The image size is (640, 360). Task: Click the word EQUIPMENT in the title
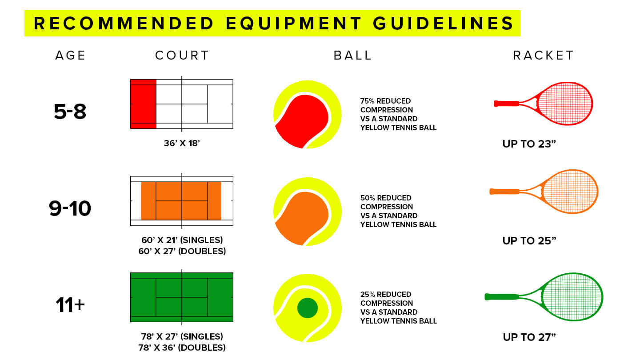click(293, 23)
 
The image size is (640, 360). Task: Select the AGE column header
click(70, 56)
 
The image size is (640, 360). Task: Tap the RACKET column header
click(544, 56)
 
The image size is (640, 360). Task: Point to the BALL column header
click(352, 56)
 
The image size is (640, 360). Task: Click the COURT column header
click(182, 56)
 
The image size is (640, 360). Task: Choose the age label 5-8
click(70, 112)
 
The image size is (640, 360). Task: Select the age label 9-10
click(70, 208)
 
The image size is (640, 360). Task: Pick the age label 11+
click(70, 305)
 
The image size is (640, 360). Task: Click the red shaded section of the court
click(143, 104)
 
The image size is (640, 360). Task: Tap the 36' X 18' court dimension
click(182, 144)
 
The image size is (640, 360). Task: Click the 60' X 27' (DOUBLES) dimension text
click(182, 251)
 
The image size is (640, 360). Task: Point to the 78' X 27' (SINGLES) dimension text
click(182, 336)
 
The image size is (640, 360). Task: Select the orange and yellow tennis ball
click(307, 212)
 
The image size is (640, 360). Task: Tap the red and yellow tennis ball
click(307, 115)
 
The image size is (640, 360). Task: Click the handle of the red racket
click(507, 104)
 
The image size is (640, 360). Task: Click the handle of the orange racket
click(504, 192)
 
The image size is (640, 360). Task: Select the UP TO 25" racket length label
click(529, 241)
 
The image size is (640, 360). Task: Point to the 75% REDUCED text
click(385, 101)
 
